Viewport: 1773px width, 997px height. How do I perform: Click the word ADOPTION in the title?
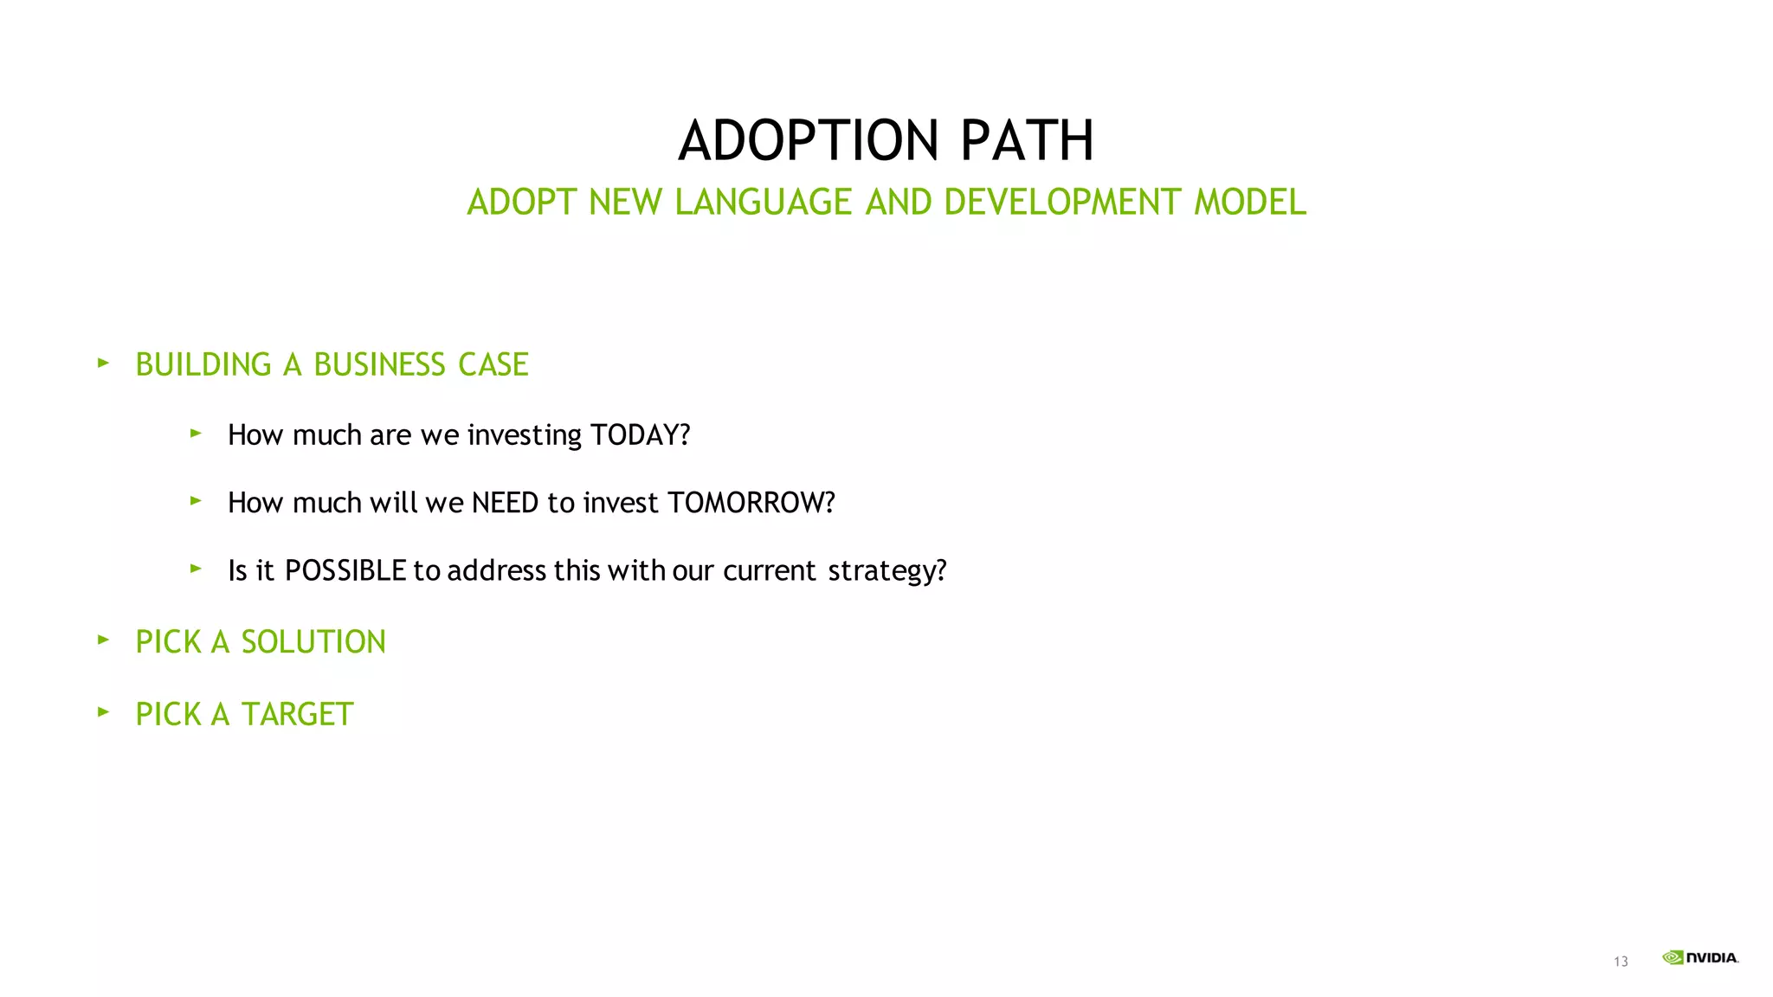(x=808, y=141)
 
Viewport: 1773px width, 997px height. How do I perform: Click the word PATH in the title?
(x=1027, y=141)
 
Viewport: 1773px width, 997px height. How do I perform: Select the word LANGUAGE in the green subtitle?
(x=763, y=203)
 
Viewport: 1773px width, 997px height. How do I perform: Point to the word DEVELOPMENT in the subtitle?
(x=1061, y=203)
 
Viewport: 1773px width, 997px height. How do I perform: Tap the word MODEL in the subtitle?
(x=1249, y=203)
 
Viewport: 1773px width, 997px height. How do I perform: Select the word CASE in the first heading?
(x=493, y=365)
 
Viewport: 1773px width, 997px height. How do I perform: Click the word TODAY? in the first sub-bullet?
(x=640, y=434)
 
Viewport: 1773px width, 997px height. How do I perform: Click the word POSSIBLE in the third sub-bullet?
(x=345, y=571)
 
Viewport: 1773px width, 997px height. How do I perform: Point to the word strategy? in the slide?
(x=886, y=571)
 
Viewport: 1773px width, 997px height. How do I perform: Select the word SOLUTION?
(x=313, y=642)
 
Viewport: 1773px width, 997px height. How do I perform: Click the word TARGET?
(x=297, y=715)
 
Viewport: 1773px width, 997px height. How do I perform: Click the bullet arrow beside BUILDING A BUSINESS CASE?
(x=103, y=363)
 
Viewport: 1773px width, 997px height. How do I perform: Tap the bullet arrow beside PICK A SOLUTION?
(x=103, y=640)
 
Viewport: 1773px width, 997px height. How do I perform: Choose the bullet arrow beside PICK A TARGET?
(x=103, y=712)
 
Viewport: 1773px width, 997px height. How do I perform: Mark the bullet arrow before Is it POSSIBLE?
(x=196, y=569)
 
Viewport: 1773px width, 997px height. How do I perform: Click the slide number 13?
(x=1621, y=962)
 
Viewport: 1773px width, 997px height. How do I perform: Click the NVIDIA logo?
(x=1700, y=957)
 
